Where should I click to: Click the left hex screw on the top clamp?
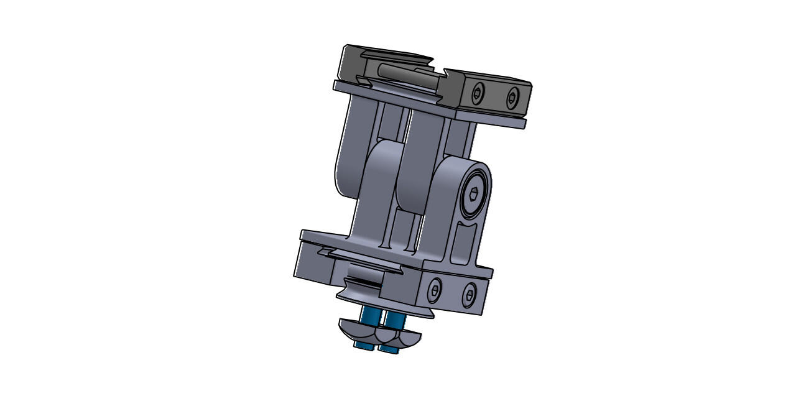(477, 94)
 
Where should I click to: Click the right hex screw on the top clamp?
(512, 98)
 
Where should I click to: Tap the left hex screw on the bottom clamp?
(434, 290)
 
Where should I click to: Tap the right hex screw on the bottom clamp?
(470, 295)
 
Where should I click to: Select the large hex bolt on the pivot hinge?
(474, 195)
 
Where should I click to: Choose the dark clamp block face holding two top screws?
(495, 96)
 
